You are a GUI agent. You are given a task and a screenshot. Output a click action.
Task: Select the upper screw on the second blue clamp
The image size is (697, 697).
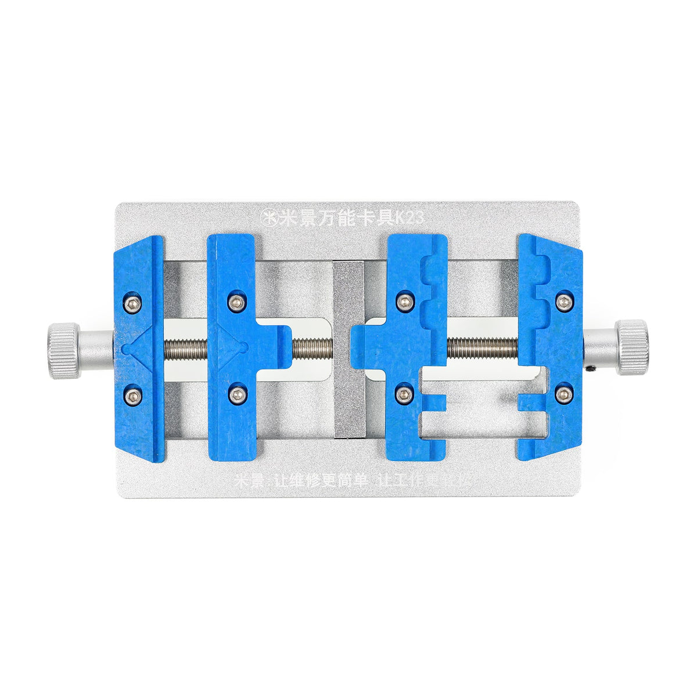(236, 301)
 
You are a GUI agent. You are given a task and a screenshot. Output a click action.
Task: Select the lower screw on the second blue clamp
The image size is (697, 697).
(236, 395)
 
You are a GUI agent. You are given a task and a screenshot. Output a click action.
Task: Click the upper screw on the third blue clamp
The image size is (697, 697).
(403, 300)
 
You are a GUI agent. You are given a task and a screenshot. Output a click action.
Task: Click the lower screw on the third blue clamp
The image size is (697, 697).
(403, 394)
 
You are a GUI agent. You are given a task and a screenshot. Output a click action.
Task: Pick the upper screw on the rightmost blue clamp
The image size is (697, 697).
(563, 300)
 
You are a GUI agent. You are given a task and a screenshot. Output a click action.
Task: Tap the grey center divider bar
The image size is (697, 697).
(350, 348)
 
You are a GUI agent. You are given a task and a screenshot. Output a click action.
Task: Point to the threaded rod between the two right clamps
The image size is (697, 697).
(482, 348)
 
